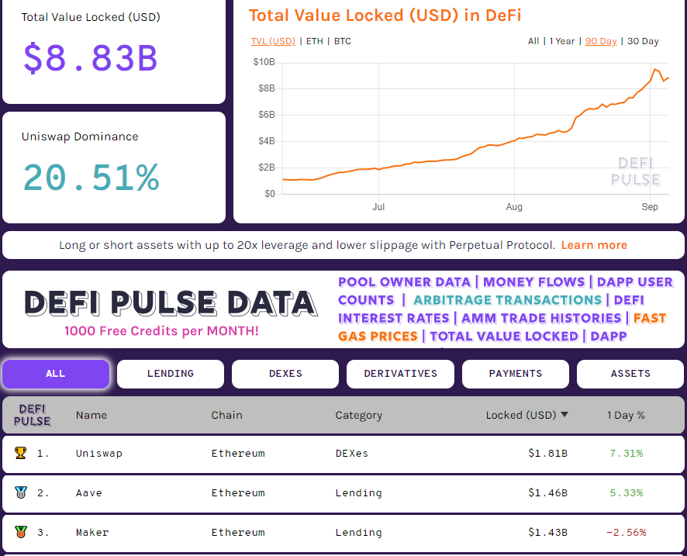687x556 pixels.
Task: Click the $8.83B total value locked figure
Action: pos(90,58)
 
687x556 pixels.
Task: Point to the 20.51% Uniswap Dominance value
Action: pos(91,178)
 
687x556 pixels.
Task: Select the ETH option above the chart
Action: pos(315,41)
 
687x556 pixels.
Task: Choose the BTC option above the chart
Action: pos(342,41)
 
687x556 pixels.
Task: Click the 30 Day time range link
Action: pos(643,41)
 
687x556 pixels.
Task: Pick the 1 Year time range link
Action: pos(562,41)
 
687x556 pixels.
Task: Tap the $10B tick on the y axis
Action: pos(264,62)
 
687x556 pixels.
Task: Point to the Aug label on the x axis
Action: pos(514,207)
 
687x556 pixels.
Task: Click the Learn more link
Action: pos(594,245)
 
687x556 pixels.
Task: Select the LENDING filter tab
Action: pos(171,374)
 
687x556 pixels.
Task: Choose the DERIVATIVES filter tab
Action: pos(401,374)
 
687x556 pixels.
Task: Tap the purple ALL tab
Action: pos(56,374)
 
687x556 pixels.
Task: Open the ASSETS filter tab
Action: pos(630,374)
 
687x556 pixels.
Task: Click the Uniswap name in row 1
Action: pos(99,453)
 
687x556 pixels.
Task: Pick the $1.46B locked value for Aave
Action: pos(547,492)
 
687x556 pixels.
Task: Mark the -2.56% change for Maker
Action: pos(626,532)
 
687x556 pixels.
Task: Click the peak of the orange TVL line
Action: pos(655,69)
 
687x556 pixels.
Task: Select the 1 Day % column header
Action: pos(626,415)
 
